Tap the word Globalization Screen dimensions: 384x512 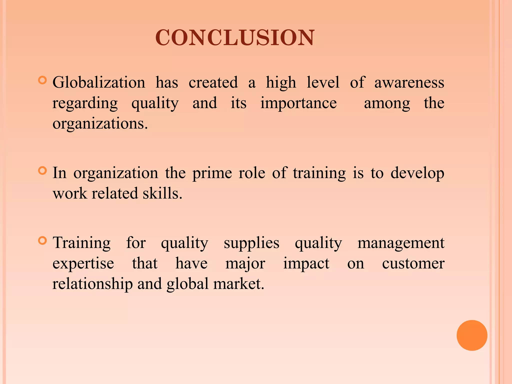click(x=99, y=82)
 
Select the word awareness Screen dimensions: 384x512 click(x=409, y=82)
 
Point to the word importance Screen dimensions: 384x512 click(x=298, y=103)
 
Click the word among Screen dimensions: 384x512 click(x=387, y=103)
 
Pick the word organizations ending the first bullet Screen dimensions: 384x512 click(x=100, y=123)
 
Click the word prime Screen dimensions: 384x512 click(x=212, y=173)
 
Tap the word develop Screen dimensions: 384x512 click(x=417, y=173)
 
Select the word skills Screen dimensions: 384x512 click(x=162, y=193)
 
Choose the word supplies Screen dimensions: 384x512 click(x=251, y=243)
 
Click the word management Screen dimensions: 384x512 click(x=401, y=243)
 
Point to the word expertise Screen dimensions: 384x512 click(x=83, y=264)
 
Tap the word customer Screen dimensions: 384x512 click(x=413, y=263)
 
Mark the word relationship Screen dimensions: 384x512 click(x=92, y=284)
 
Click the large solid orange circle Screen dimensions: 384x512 click(x=472, y=335)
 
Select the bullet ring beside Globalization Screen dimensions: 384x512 click(x=43, y=80)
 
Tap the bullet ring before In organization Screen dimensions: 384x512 click(x=43, y=171)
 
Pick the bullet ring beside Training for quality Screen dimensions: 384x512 click(x=43, y=240)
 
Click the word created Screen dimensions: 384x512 click(x=213, y=82)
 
